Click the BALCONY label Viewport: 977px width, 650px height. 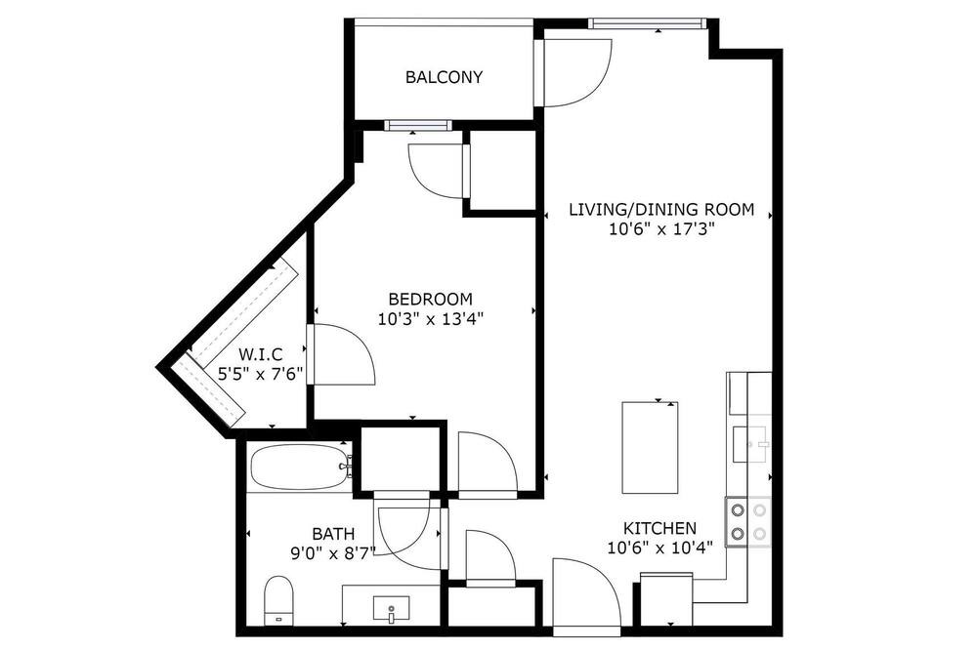coord(444,77)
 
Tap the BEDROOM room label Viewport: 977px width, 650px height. coord(431,299)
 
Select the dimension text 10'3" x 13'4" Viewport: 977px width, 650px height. coord(431,319)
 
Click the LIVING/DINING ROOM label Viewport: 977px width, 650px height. coord(661,209)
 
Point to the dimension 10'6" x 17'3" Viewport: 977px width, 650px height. coord(661,229)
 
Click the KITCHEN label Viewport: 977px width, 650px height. coord(659,529)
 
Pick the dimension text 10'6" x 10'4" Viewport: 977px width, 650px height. coord(659,548)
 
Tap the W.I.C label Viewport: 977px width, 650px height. coord(261,355)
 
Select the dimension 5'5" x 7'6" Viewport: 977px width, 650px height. coord(260,374)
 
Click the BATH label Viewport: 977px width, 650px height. coord(333,534)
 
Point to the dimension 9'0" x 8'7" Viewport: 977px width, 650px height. coord(333,552)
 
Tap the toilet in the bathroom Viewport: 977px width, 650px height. coord(278,601)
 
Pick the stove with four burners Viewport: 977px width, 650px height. coord(747,522)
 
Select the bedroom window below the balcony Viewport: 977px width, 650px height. coord(417,125)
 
